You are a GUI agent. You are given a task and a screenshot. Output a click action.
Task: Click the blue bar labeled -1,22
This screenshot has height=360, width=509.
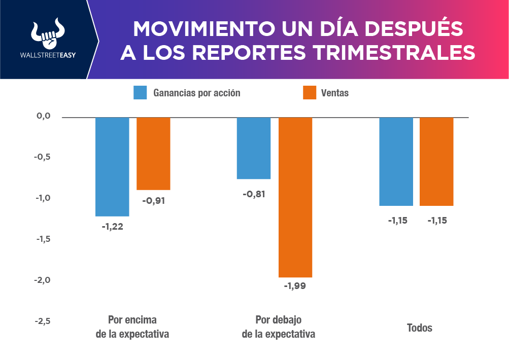click(112, 166)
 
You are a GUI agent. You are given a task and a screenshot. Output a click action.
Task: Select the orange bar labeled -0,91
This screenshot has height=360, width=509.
click(153, 153)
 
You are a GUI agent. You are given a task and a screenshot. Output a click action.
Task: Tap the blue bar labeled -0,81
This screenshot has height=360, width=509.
click(254, 148)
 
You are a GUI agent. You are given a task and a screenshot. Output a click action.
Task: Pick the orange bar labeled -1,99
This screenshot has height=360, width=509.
click(295, 197)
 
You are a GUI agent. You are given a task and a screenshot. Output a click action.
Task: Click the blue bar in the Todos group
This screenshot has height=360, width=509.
click(396, 161)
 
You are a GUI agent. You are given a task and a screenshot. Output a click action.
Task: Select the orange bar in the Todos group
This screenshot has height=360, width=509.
click(436, 161)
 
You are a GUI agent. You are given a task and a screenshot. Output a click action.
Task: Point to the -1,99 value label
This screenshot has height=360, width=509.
click(295, 286)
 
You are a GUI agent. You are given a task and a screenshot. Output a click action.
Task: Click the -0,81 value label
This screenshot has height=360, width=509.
click(254, 194)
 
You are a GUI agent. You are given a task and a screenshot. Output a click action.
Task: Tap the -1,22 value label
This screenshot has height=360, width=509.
click(112, 227)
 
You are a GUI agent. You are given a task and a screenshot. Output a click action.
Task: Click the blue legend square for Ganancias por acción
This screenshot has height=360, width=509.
click(140, 93)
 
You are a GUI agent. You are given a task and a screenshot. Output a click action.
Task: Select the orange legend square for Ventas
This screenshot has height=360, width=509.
click(310, 93)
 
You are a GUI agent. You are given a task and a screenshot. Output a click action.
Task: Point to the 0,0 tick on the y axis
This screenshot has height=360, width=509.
click(44, 116)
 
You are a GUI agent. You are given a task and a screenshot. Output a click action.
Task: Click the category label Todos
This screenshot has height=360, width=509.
click(420, 328)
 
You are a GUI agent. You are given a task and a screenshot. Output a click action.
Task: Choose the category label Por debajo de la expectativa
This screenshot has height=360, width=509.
click(278, 327)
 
